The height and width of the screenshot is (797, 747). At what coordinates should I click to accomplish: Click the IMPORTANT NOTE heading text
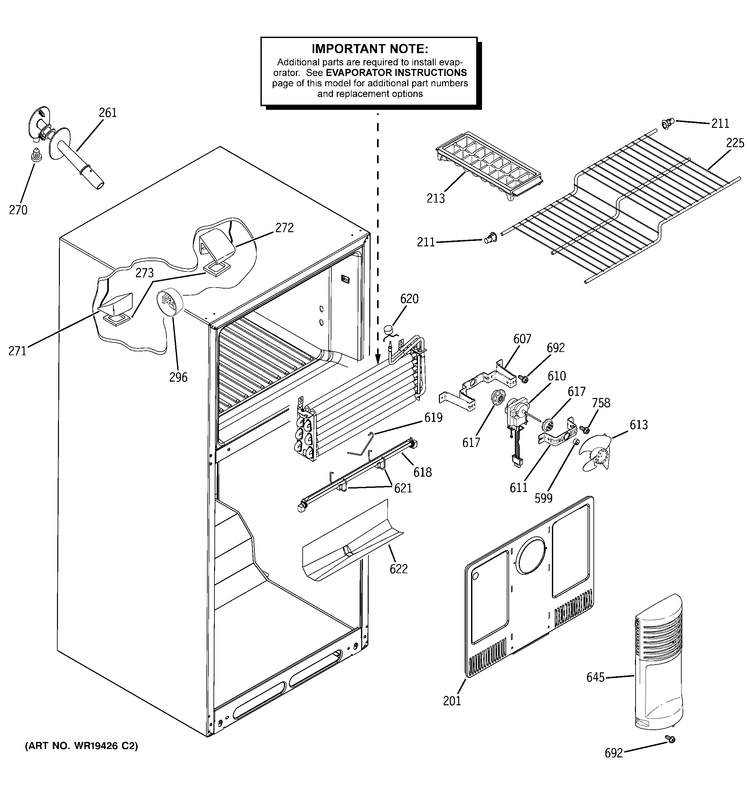(370, 49)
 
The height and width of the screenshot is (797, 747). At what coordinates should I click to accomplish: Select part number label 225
(734, 143)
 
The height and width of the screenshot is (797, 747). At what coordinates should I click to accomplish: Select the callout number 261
(108, 113)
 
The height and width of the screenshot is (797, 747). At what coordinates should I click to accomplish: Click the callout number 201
(452, 701)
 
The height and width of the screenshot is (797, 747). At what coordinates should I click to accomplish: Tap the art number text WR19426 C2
(81, 746)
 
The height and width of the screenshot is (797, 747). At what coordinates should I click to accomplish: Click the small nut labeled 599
(575, 442)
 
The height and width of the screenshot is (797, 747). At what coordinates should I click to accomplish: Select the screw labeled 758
(585, 430)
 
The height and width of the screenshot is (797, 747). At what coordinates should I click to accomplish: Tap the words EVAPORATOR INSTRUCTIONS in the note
(396, 72)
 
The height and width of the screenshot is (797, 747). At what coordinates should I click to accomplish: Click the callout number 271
(17, 351)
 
